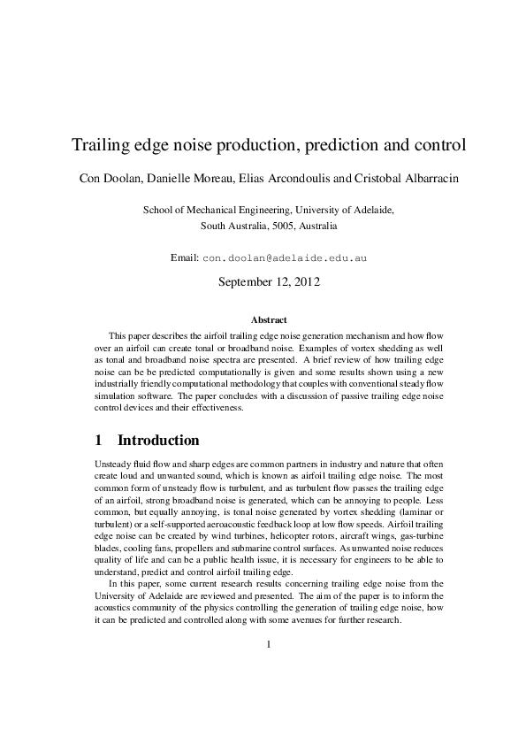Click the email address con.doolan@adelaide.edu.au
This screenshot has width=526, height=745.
285,258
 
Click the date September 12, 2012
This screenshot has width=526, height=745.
268,283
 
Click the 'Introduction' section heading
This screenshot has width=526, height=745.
158,440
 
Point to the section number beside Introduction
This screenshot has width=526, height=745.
98,440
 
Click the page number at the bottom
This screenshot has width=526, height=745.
268,644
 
